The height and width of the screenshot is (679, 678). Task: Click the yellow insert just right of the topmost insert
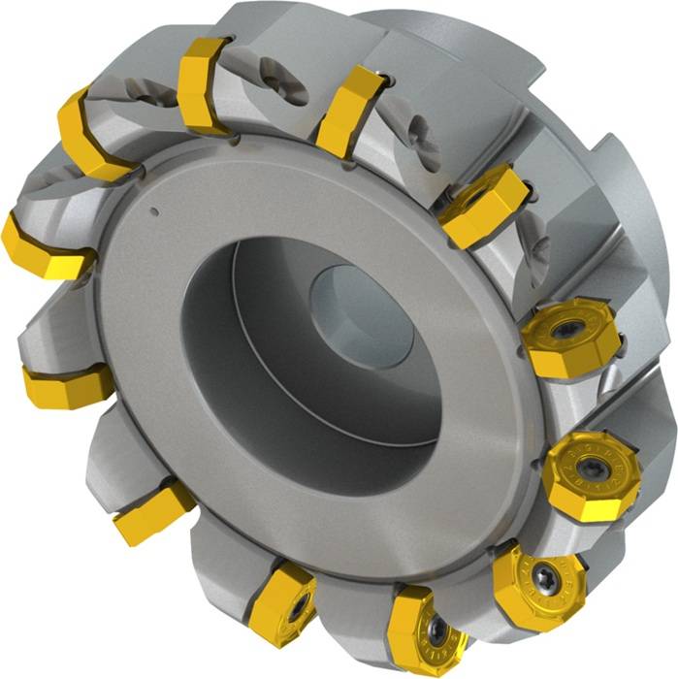(348, 110)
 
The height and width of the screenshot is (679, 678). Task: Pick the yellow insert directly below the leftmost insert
(65, 384)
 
